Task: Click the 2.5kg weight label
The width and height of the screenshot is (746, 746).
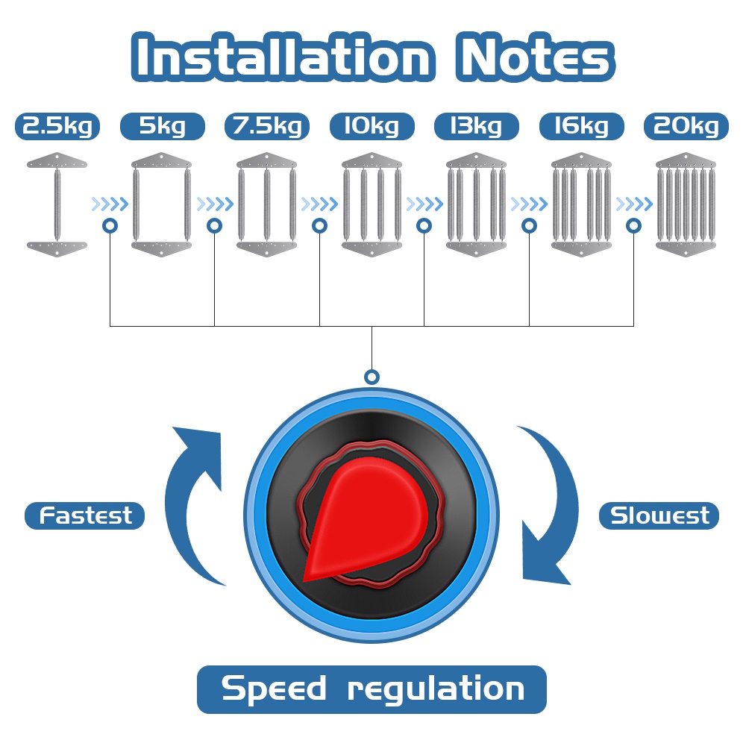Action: (x=57, y=126)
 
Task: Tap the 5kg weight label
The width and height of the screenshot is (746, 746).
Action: (x=162, y=126)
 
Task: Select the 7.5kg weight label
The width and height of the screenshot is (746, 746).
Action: (x=267, y=126)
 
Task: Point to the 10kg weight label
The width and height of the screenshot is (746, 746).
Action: (x=372, y=126)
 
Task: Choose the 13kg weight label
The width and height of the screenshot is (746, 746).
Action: (x=476, y=126)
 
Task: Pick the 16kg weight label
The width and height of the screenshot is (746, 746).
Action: (x=581, y=126)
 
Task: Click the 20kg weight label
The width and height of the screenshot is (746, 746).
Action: (x=686, y=126)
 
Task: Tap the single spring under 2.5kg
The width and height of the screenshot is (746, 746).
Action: (x=57, y=204)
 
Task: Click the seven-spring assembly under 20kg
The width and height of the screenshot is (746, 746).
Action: (x=686, y=204)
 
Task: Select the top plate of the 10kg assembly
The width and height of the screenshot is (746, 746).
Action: (x=372, y=160)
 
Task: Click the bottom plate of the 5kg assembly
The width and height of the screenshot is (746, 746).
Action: (x=162, y=249)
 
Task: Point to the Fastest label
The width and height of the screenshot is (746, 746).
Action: (x=85, y=515)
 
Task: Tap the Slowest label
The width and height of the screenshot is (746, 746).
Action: (x=659, y=515)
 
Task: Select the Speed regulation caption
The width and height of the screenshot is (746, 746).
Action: (x=372, y=689)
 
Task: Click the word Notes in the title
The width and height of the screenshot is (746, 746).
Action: (x=535, y=57)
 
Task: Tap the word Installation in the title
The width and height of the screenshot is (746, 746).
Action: (x=283, y=57)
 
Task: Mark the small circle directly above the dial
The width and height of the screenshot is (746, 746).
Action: (x=372, y=377)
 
